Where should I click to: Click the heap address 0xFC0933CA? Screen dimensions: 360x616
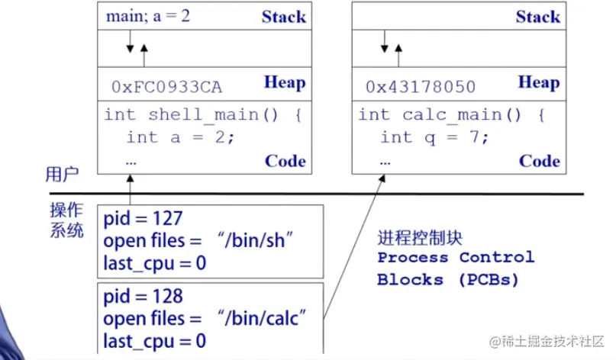(x=167, y=87)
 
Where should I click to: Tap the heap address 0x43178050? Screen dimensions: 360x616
(x=420, y=87)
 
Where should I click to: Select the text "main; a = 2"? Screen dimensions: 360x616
(x=148, y=15)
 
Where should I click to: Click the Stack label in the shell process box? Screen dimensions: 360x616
(x=283, y=16)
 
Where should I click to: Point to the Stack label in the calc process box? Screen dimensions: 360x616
(x=537, y=16)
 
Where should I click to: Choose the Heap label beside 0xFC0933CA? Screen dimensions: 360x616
(x=284, y=82)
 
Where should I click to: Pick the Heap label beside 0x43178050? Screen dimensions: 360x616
(x=538, y=82)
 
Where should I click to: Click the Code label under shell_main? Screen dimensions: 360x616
(x=285, y=161)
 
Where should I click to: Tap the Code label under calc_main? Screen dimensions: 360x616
(x=539, y=161)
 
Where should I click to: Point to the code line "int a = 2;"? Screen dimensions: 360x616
(x=181, y=137)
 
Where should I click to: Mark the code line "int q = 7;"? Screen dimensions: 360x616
(x=434, y=137)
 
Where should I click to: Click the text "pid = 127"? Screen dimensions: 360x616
(x=144, y=220)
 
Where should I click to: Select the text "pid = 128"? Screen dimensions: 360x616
(x=144, y=296)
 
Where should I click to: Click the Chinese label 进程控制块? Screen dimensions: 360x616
(x=420, y=236)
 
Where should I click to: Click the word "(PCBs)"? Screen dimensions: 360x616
(x=489, y=279)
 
